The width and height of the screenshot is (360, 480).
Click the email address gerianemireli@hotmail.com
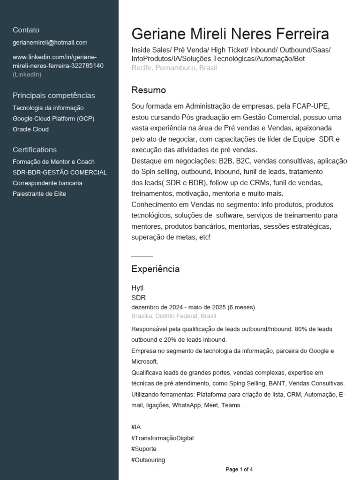pyautogui.click(x=50, y=43)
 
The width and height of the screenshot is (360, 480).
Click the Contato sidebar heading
pyautogui.click(x=26, y=30)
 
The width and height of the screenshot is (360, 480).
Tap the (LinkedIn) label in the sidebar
pyautogui.click(x=27, y=74)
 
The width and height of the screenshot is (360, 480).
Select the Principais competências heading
pyautogui.click(x=54, y=96)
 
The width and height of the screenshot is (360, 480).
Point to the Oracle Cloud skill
pyautogui.click(x=30, y=129)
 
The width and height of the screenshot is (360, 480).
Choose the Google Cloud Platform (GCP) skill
pyautogui.click(x=53, y=119)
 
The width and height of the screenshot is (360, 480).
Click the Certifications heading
pyautogui.click(x=35, y=150)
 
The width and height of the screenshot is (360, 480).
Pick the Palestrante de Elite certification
pyautogui.click(x=39, y=194)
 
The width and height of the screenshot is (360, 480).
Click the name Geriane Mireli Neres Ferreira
pyautogui.click(x=230, y=34)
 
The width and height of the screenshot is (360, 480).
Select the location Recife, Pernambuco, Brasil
pyautogui.click(x=174, y=68)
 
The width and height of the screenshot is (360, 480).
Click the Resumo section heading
pyautogui.click(x=149, y=90)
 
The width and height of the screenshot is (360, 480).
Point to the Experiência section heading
pyautogui.click(x=155, y=269)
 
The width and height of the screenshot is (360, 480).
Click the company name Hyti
pyautogui.click(x=137, y=287)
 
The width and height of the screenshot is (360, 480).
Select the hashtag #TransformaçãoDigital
pyautogui.click(x=163, y=438)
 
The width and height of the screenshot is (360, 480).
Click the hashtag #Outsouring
pyautogui.click(x=148, y=460)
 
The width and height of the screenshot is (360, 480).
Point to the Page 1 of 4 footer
pyautogui.click(x=239, y=469)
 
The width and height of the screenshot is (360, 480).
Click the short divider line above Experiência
pyautogui.click(x=142, y=257)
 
